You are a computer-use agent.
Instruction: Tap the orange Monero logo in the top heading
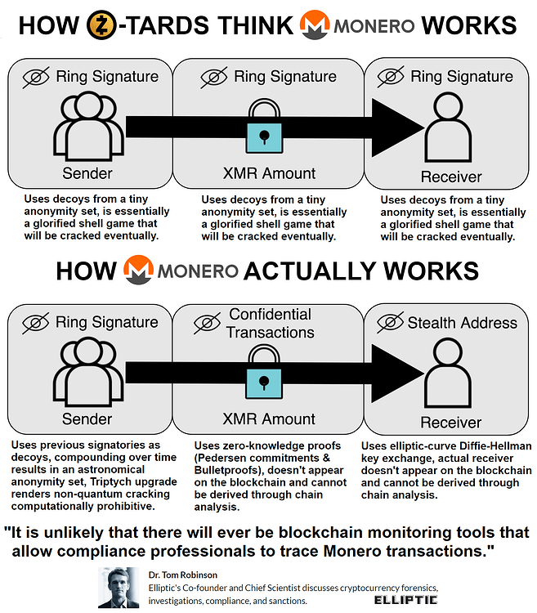click(x=315, y=25)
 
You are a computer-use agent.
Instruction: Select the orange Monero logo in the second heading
click(x=140, y=270)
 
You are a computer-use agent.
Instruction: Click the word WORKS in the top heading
click(x=472, y=25)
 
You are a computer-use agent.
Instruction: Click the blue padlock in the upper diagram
click(x=270, y=128)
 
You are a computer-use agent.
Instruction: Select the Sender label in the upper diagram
click(x=87, y=173)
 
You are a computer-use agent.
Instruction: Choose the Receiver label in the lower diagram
click(x=451, y=423)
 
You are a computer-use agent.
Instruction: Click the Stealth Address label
click(x=463, y=323)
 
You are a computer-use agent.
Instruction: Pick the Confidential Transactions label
click(x=271, y=323)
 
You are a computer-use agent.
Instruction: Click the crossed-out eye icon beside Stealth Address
click(x=391, y=323)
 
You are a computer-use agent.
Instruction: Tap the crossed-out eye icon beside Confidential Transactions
click(x=207, y=323)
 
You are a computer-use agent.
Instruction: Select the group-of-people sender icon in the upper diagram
click(x=87, y=129)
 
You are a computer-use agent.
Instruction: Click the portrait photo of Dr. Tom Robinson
click(x=115, y=587)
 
